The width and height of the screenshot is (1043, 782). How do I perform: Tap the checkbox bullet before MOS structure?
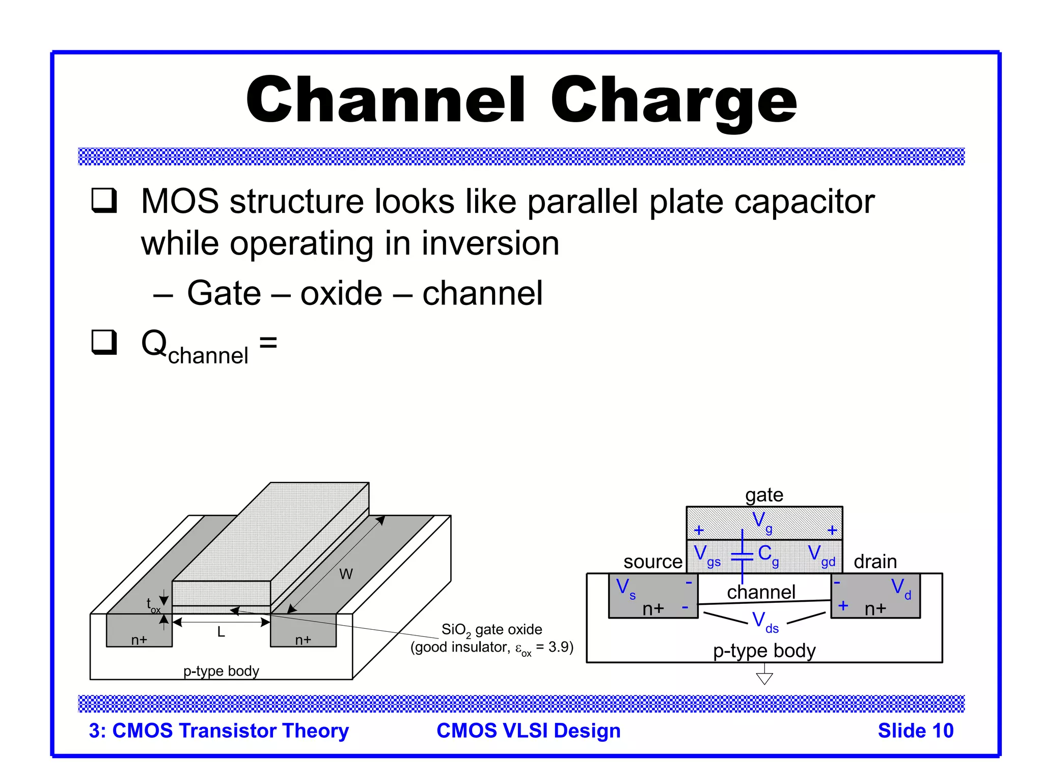tap(104, 200)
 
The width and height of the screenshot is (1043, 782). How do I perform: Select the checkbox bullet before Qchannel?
tap(104, 342)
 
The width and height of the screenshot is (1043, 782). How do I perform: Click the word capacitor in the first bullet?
tap(804, 202)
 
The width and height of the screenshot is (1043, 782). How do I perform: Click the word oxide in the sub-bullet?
tap(341, 293)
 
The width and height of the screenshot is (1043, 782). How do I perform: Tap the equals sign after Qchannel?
tap(268, 342)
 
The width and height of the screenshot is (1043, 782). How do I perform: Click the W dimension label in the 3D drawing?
tap(346, 574)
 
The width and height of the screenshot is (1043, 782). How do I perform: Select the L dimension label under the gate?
tap(221, 632)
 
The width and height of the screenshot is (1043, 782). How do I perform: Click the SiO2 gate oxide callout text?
tap(491, 630)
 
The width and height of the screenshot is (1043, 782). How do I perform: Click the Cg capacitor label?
tap(768, 554)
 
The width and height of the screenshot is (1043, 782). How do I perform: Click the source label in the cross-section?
tap(652, 562)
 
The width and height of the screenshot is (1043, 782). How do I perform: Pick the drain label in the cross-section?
tap(875, 562)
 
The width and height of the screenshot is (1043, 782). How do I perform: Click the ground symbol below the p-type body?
tap(764, 678)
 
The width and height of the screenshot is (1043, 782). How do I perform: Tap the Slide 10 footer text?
tap(915, 731)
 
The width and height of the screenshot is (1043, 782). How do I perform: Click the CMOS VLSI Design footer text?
tap(528, 731)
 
